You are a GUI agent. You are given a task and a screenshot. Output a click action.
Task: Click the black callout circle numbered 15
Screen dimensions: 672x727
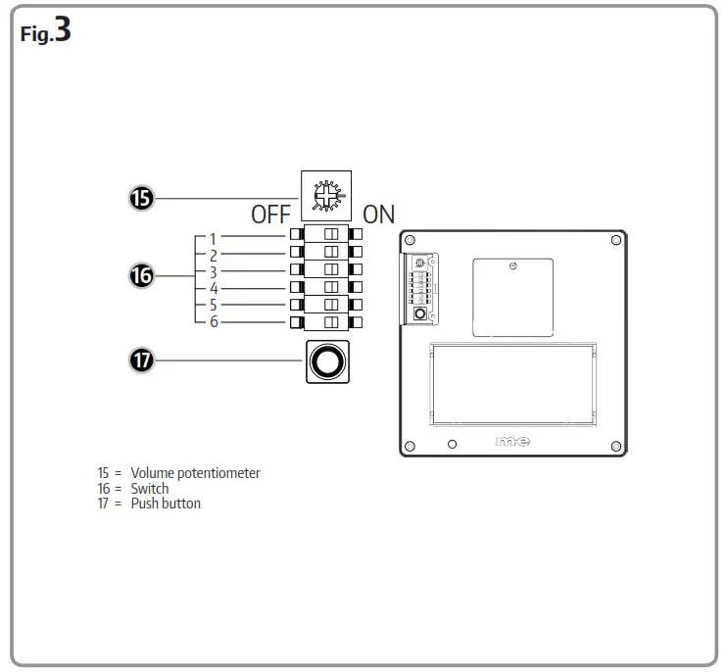pyautogui.click(x=142, y=199)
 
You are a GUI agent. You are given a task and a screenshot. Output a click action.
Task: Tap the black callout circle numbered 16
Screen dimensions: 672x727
pyautogui.click(x=142, y=276)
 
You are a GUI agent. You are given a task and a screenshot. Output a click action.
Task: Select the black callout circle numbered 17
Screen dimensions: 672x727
pyautogui.click(x=142, y=361)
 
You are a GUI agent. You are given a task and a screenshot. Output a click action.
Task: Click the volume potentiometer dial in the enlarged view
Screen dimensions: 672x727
pyautogui.click(x=325, y=196)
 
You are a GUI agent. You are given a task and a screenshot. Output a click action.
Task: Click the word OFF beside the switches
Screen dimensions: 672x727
pyautogui.click(x=271, y=215)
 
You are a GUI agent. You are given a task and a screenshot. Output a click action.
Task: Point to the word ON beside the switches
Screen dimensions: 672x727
pyautogui.click(x=379, y=215)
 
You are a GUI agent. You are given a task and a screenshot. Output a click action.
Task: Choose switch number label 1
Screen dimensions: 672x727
pyautogui.click(x=214, y=238)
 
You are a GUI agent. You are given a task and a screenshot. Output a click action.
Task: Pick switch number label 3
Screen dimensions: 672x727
pyautogui.click(x=214, y=271)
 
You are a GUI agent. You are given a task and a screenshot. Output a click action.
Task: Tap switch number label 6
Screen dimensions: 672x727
pyautogui.click(x=214, y=321)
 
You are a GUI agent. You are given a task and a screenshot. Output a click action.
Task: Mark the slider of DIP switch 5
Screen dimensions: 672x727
pyautogui.click(x=330, y=305)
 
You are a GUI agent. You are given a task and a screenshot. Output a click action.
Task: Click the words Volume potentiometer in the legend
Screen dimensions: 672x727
pyautogui.click(x=195, y=473)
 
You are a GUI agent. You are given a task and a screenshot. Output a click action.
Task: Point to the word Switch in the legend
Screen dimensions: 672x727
pyautogui.click(x=150, y=488)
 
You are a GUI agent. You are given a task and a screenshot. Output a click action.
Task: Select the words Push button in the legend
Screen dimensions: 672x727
pyautogui.click(x=166, y=504)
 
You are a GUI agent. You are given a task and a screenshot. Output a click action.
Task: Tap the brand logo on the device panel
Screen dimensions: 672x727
pyautogui.click(x=512, y=443)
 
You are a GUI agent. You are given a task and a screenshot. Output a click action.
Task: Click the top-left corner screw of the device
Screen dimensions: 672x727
pyautogui.click(x=411, y=241)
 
